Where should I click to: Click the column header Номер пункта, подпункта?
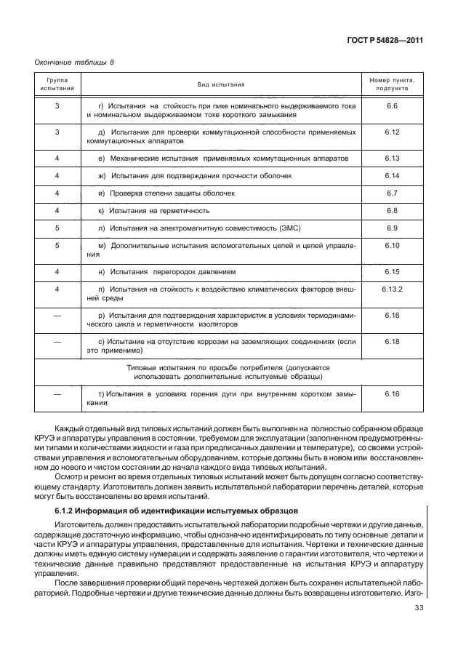[x=392, y=84]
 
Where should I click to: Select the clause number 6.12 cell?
[x=392, y=132]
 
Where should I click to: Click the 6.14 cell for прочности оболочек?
[x=392, y=175]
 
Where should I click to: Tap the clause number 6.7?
[x=392, y=193]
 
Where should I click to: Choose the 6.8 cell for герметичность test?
[x=392, y=210]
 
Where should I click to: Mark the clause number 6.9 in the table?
[x=392, y=228]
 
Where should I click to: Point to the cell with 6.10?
[x=392, y=246]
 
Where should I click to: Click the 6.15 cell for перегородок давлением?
[x=392, y=271]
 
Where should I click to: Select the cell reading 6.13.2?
[x=392, y=289]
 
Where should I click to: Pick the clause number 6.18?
[x=392, y=340]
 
